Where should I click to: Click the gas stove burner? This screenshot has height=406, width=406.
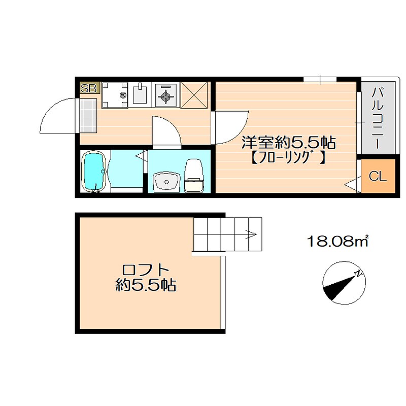165,95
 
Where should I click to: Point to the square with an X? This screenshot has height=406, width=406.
194,95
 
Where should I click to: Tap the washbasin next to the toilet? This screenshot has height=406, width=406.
165,182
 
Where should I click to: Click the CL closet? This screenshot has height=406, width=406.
378,177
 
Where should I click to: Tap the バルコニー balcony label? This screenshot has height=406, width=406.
377,118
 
